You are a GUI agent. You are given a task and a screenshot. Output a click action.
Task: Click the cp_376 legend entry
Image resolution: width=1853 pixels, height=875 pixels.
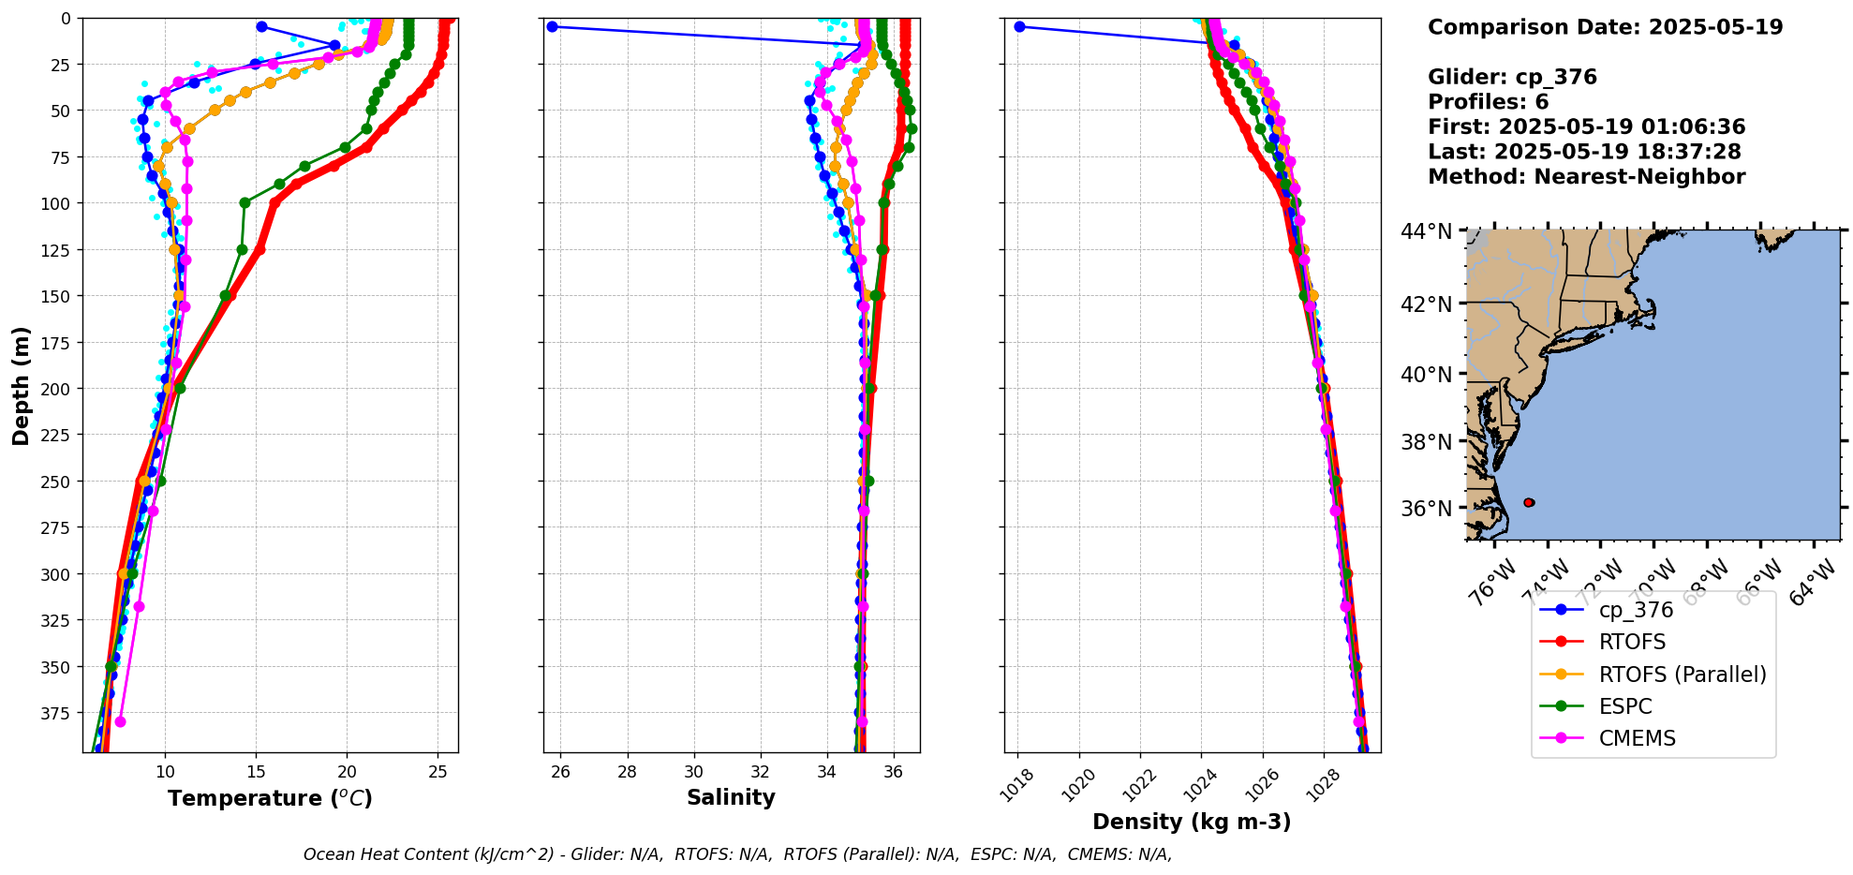click(x=1635, y=610)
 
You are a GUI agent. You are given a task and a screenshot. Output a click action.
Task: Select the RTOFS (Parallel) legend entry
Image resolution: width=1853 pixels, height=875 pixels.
click(x=1682, y=675)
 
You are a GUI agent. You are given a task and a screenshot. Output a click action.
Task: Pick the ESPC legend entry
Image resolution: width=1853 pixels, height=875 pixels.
click(x=1624, y=706)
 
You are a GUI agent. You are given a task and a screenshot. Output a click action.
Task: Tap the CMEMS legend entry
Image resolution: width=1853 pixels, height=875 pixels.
click(x=1637, y=738)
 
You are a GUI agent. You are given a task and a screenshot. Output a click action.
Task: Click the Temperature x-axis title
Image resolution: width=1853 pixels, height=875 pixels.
click(x=270, y=798)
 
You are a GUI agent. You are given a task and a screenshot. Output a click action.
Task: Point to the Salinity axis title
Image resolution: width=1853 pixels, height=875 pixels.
click(x=731, y=797)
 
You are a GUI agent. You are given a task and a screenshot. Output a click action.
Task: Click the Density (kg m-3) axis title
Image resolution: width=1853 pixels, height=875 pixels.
click(x=1192, y=822)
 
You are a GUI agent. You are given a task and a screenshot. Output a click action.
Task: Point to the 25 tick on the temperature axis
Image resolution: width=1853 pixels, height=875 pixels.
click(x=437, y=772)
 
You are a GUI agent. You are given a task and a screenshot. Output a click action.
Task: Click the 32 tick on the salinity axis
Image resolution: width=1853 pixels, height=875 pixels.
click(x=761, y=772)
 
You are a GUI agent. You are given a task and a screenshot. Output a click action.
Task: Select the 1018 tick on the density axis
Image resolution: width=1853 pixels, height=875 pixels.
click(x=1017, y=785)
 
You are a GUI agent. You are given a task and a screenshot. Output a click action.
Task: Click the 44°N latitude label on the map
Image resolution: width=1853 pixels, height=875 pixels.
click(x=1426, y=231)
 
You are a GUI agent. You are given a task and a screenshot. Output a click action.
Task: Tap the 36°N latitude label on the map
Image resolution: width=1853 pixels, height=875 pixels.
click(x=1426, y=509)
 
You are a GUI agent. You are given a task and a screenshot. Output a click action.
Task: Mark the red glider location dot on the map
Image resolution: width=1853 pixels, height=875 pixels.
click(x=1529, y=503)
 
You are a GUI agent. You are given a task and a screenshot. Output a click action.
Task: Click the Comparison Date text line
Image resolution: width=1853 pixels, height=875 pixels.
click(x=1605, y=27)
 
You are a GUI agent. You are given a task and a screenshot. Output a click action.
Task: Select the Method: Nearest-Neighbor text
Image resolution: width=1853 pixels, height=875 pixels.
click(x=1586, y=177)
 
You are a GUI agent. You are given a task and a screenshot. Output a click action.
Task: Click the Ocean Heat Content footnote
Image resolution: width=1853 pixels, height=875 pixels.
click(x=737, y=854)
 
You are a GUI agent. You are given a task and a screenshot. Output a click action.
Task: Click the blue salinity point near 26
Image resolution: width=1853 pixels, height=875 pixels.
click(x=552, y=26)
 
